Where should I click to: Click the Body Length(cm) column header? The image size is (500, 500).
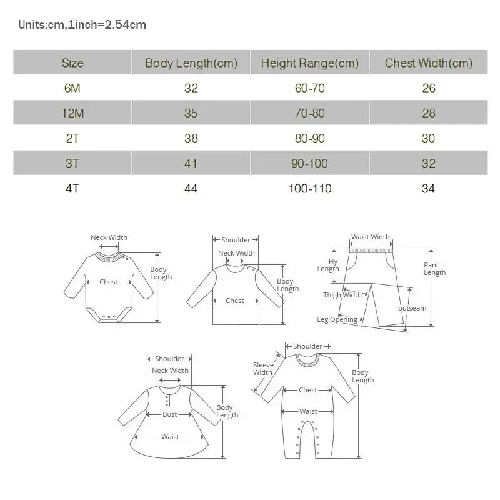click(x=191, y=63)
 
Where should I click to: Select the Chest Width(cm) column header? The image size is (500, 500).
click(x=428, y=63)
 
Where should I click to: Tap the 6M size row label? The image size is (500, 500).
click(x=72, y=88)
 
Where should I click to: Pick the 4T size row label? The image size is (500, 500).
click(x=72, y=188)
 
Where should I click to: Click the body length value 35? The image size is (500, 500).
click(x=191, y=113)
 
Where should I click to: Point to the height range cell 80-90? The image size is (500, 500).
click(x=310, y=138)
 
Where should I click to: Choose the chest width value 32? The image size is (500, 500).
click(x=428, y=163)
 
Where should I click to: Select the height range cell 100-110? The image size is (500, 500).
click(x=310, y=188)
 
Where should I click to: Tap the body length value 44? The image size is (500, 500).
click(x=191, y=188)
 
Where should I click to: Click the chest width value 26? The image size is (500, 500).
click(x=428, y=88)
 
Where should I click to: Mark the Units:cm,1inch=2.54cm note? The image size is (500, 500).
click(x=82, y=25)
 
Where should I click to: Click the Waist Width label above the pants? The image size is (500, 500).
click(x=370, y=237)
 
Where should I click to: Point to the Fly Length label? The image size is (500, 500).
click(x=328, y=266)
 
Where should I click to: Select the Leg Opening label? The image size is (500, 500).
click(x=337, y=319)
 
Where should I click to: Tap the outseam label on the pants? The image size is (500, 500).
click(x=412, y=308)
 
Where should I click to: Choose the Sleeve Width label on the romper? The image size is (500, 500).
click(x=262, y=369)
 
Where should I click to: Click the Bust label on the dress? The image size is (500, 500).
click(x=170, y=414)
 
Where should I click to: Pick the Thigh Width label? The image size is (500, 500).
click(x=342, y=295)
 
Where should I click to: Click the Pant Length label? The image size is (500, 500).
click(x=435, y=269)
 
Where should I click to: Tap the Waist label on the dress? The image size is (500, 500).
click(x=170, y=437)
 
